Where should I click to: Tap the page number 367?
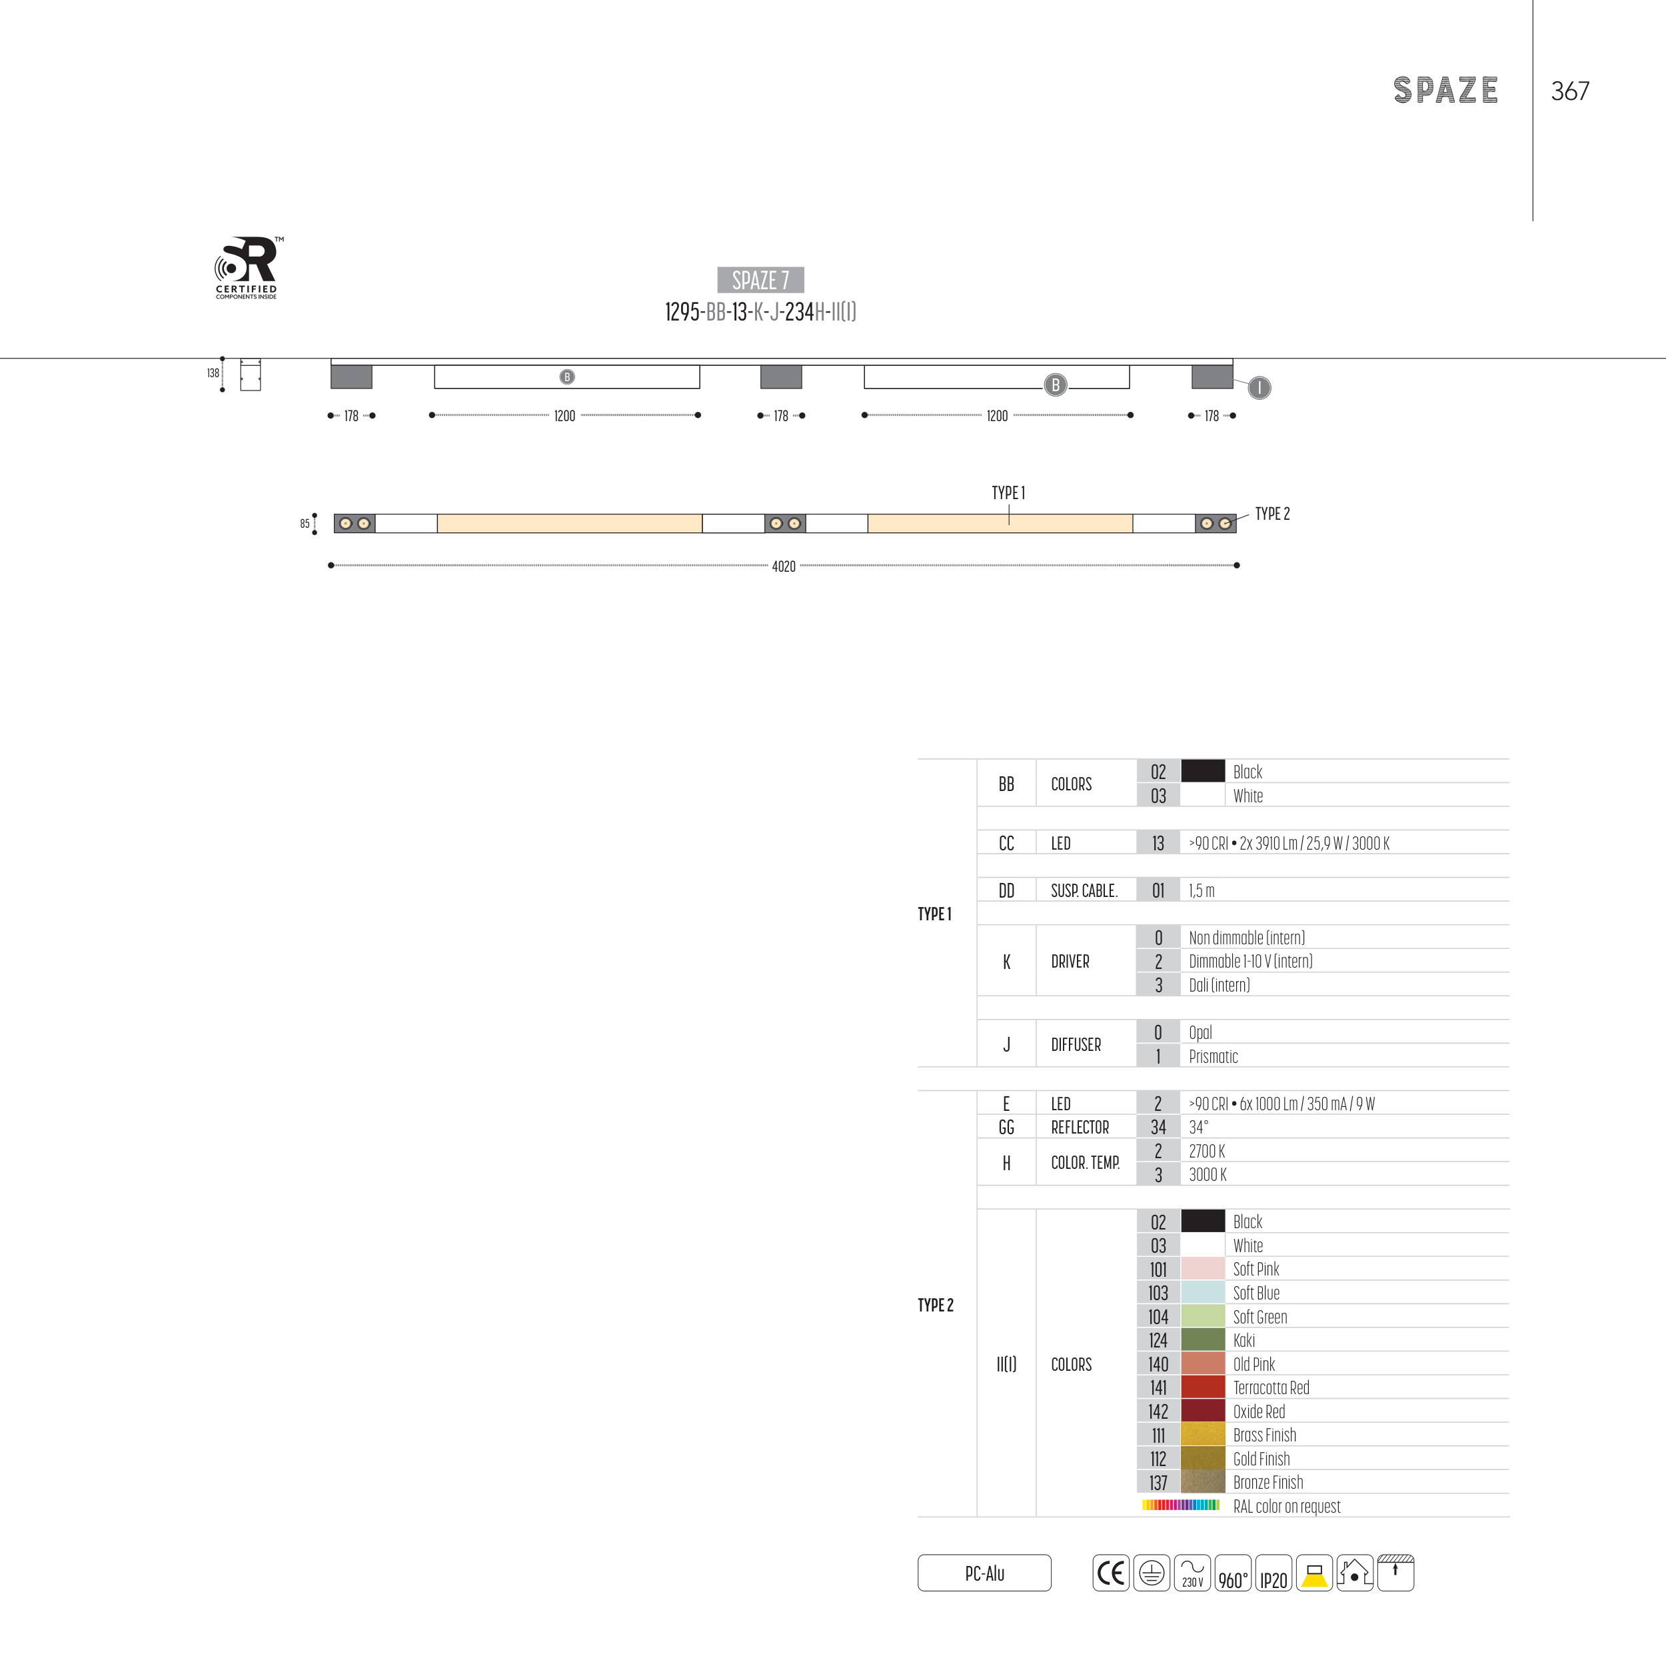(1569, 91)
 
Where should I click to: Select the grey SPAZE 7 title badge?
(760, 279)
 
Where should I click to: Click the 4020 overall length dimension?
(783, 566)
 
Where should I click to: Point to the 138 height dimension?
(213, 373)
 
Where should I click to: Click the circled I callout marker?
(1259, 388)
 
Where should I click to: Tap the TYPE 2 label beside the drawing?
(1272, 514)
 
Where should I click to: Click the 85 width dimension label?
(305, 523)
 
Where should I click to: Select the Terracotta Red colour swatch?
(1202, 1387)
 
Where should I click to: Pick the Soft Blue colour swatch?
(1202, 1293)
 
